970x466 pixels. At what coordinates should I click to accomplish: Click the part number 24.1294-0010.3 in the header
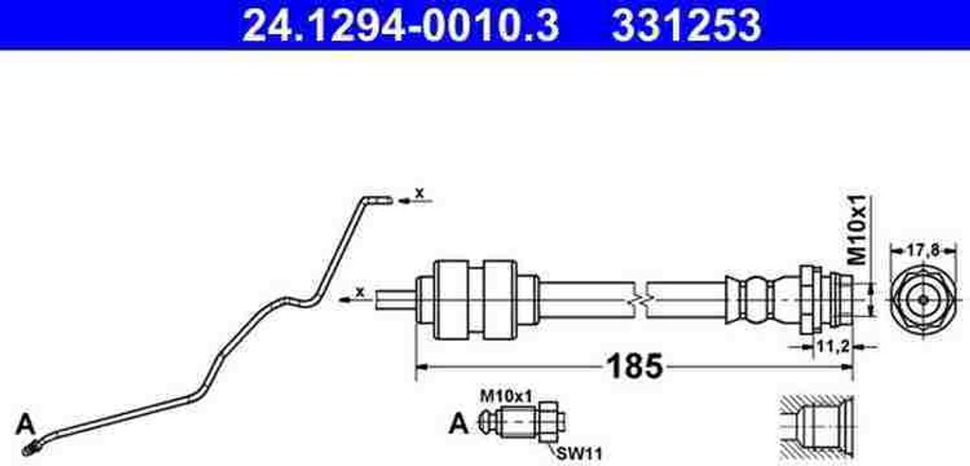401,26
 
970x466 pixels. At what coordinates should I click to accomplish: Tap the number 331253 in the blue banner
687,26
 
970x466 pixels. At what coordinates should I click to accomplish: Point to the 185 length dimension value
637,367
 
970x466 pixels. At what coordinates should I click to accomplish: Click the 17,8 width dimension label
923,251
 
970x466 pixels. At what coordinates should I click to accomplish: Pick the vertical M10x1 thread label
858,230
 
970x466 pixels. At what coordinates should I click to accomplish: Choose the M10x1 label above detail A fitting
506,396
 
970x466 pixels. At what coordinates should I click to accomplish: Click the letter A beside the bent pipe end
26,425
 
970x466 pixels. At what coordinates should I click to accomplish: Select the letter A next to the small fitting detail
458,424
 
